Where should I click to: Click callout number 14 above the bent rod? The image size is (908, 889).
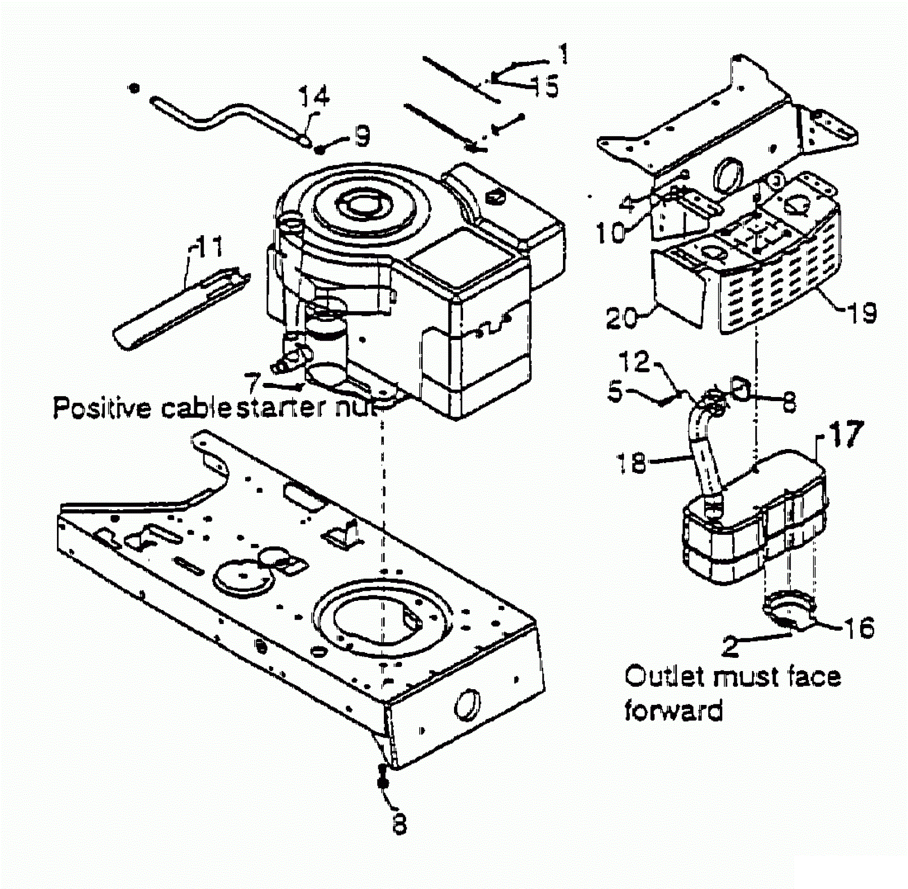click(x=314, y=96)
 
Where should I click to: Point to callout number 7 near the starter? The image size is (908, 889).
click(x=253, y=383)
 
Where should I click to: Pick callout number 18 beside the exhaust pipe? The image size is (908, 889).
click(x=631, y=462)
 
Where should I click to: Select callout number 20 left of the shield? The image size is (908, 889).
click(x=621, y=318)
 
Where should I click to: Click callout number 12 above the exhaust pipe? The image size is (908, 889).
click(x=635, y=362)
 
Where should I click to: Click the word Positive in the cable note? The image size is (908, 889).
click(x=102, y=408)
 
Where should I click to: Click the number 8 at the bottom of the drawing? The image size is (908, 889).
click(x=399, y=824)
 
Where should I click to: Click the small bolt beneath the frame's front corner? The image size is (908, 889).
click(x=382, y=777)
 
